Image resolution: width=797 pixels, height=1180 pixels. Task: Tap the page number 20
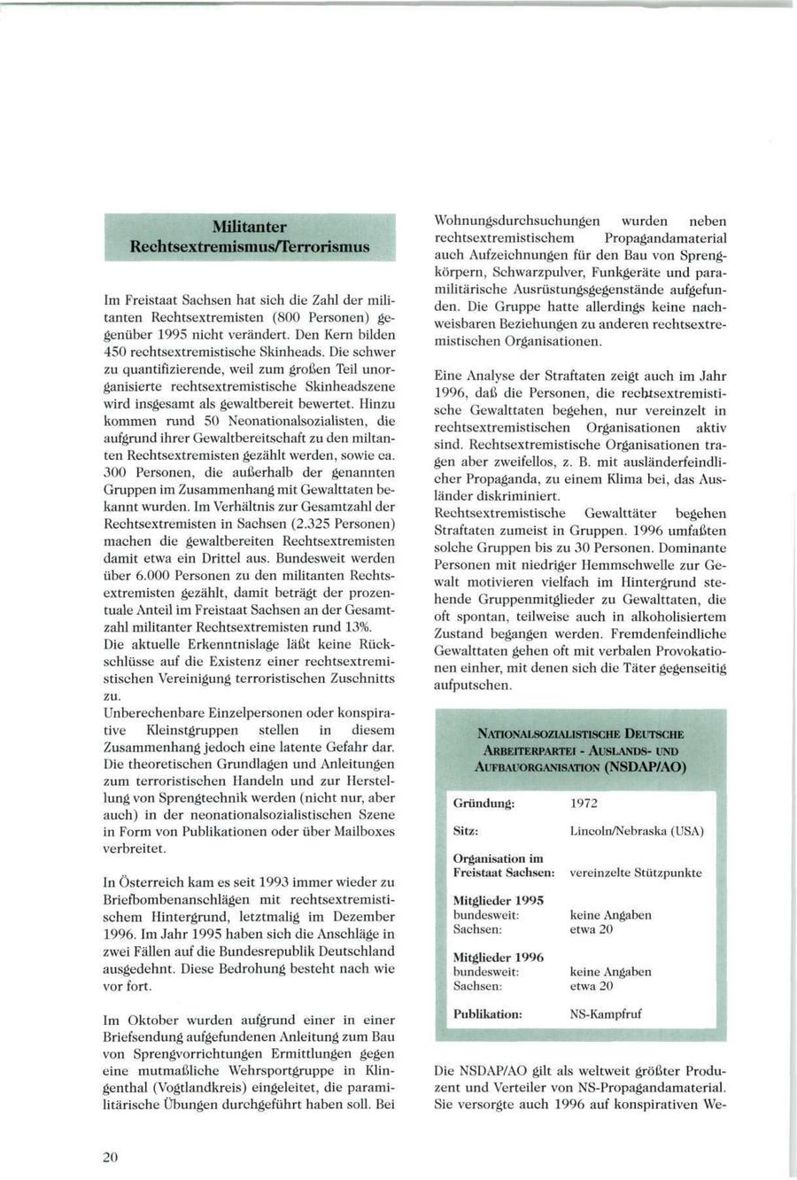point(110,1156)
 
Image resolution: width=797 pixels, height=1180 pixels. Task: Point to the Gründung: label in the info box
point(484,803)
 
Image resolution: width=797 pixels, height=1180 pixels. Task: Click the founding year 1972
point(584,803)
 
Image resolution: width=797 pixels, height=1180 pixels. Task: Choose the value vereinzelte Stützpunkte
point(635,873)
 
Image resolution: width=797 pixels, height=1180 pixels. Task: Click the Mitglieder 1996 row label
point(498,957)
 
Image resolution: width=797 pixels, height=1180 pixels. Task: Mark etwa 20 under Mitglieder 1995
point(591,929)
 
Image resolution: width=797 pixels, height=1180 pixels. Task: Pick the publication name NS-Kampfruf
point(606,1013)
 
